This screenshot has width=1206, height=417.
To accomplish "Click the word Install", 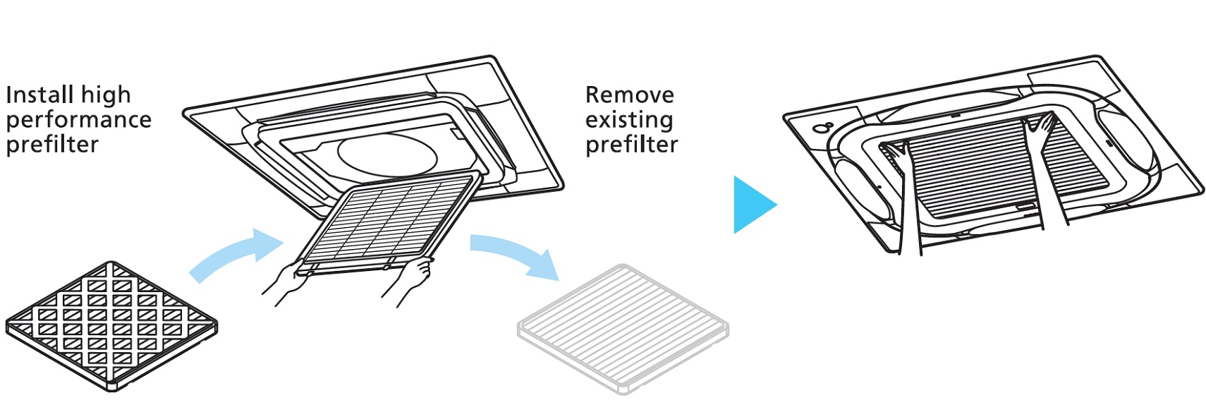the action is [x=39, y=95].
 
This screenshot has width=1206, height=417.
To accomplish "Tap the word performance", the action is [x=78, y=121].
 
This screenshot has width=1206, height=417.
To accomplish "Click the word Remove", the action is [x=629, y=95].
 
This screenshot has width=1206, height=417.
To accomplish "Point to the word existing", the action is [x=629, y=120].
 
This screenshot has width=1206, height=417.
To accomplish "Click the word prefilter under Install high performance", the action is [x=52, y=145].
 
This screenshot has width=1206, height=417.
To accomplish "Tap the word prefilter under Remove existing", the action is [x=631, y=145].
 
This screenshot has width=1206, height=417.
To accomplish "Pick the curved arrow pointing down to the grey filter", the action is [x=518, y=252].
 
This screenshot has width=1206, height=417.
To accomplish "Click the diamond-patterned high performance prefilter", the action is [x=111, y=327].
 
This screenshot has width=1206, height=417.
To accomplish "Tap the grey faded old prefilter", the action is [x=623, y=330].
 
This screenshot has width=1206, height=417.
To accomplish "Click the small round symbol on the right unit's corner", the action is [x=823, y=128].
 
